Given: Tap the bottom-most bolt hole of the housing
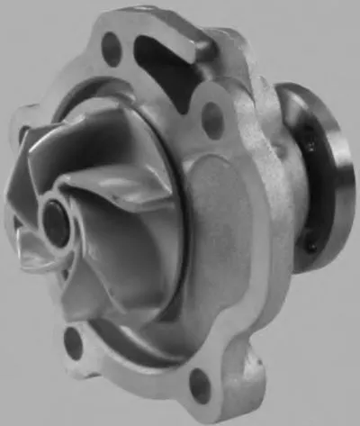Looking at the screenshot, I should (x=201, y=386).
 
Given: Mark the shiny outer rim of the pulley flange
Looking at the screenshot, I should (x=340, y=180).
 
